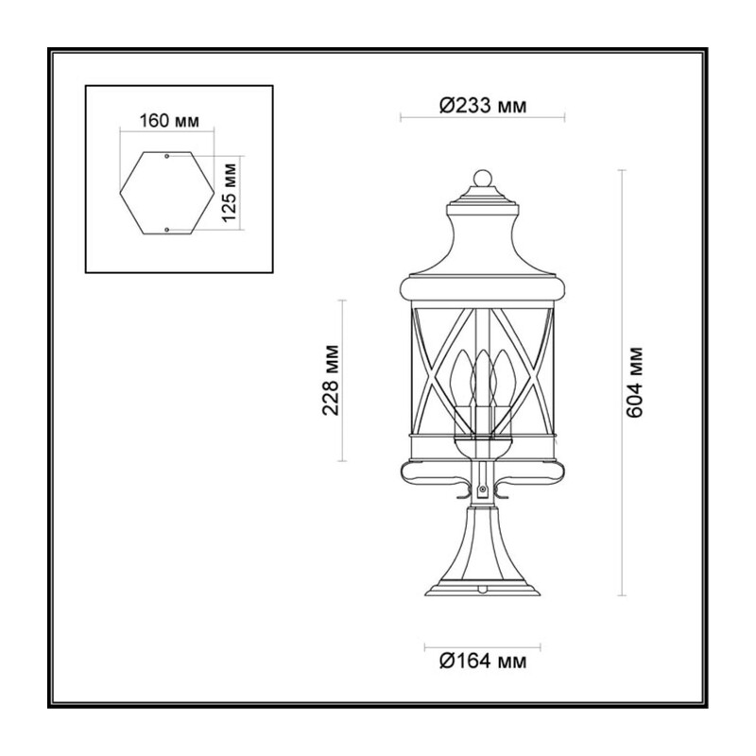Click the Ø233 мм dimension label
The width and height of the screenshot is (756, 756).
coord(483,105)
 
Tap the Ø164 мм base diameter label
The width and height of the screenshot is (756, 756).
coord(483,661)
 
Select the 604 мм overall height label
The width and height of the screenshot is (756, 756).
coord(634,382)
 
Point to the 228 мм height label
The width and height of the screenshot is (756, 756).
coord(332,380)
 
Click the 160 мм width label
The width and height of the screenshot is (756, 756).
coord(169,121)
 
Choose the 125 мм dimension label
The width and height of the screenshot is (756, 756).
coord(230,193)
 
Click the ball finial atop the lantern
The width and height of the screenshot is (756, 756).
coord(483,178)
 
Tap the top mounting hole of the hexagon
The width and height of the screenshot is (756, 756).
coord(167,156)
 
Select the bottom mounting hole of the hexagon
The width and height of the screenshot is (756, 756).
coord(167,230)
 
